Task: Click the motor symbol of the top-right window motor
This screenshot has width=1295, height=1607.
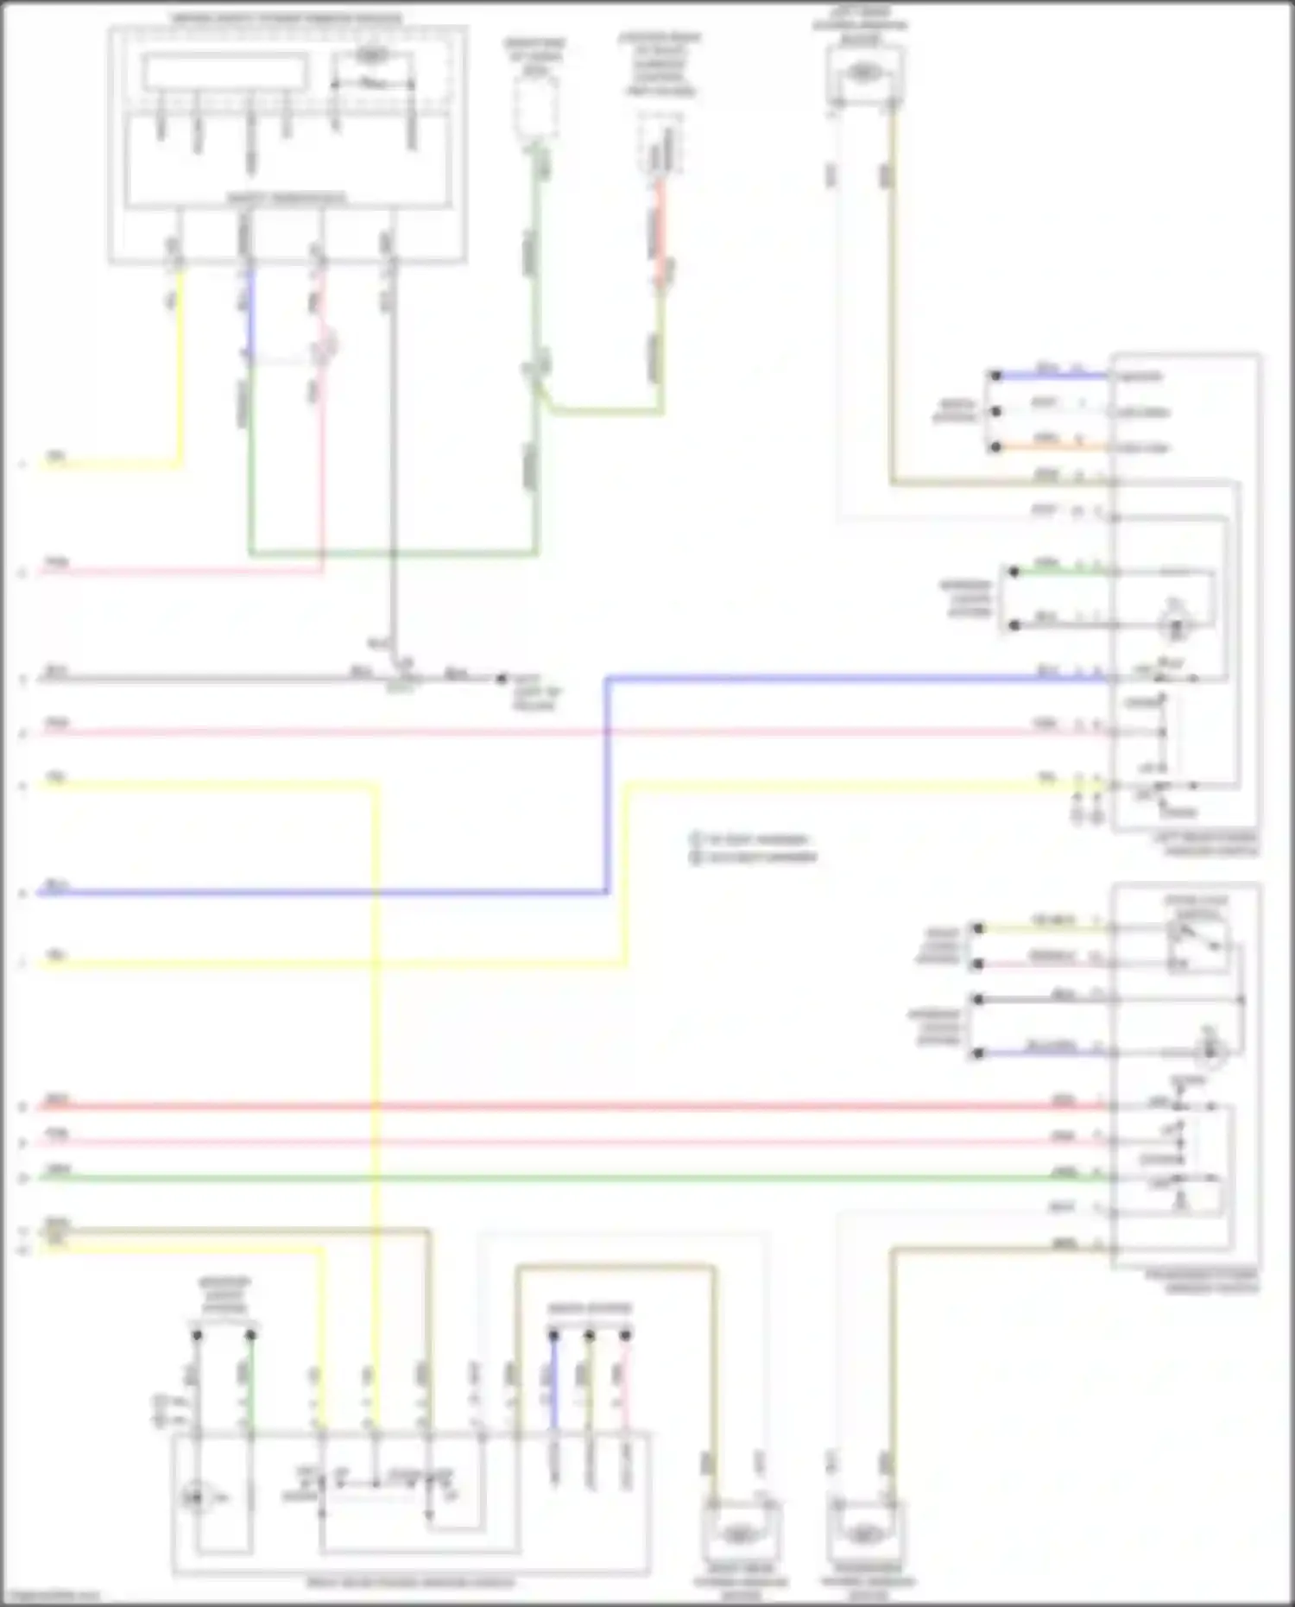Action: (x=862, y=74)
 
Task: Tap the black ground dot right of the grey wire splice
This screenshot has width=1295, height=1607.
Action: (x=502, y=679)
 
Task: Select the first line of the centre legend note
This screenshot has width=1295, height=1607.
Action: (x=751, y=838)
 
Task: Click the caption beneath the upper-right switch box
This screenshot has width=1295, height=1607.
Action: (x=1209, y=845)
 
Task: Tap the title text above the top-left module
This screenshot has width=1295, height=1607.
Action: (x=287, y=18)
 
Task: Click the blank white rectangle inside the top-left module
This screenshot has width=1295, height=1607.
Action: (x=225, y=73)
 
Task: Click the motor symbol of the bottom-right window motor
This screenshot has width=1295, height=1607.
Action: (x=863, y=1534)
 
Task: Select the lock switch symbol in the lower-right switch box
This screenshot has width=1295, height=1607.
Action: (x=1196, y=944)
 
